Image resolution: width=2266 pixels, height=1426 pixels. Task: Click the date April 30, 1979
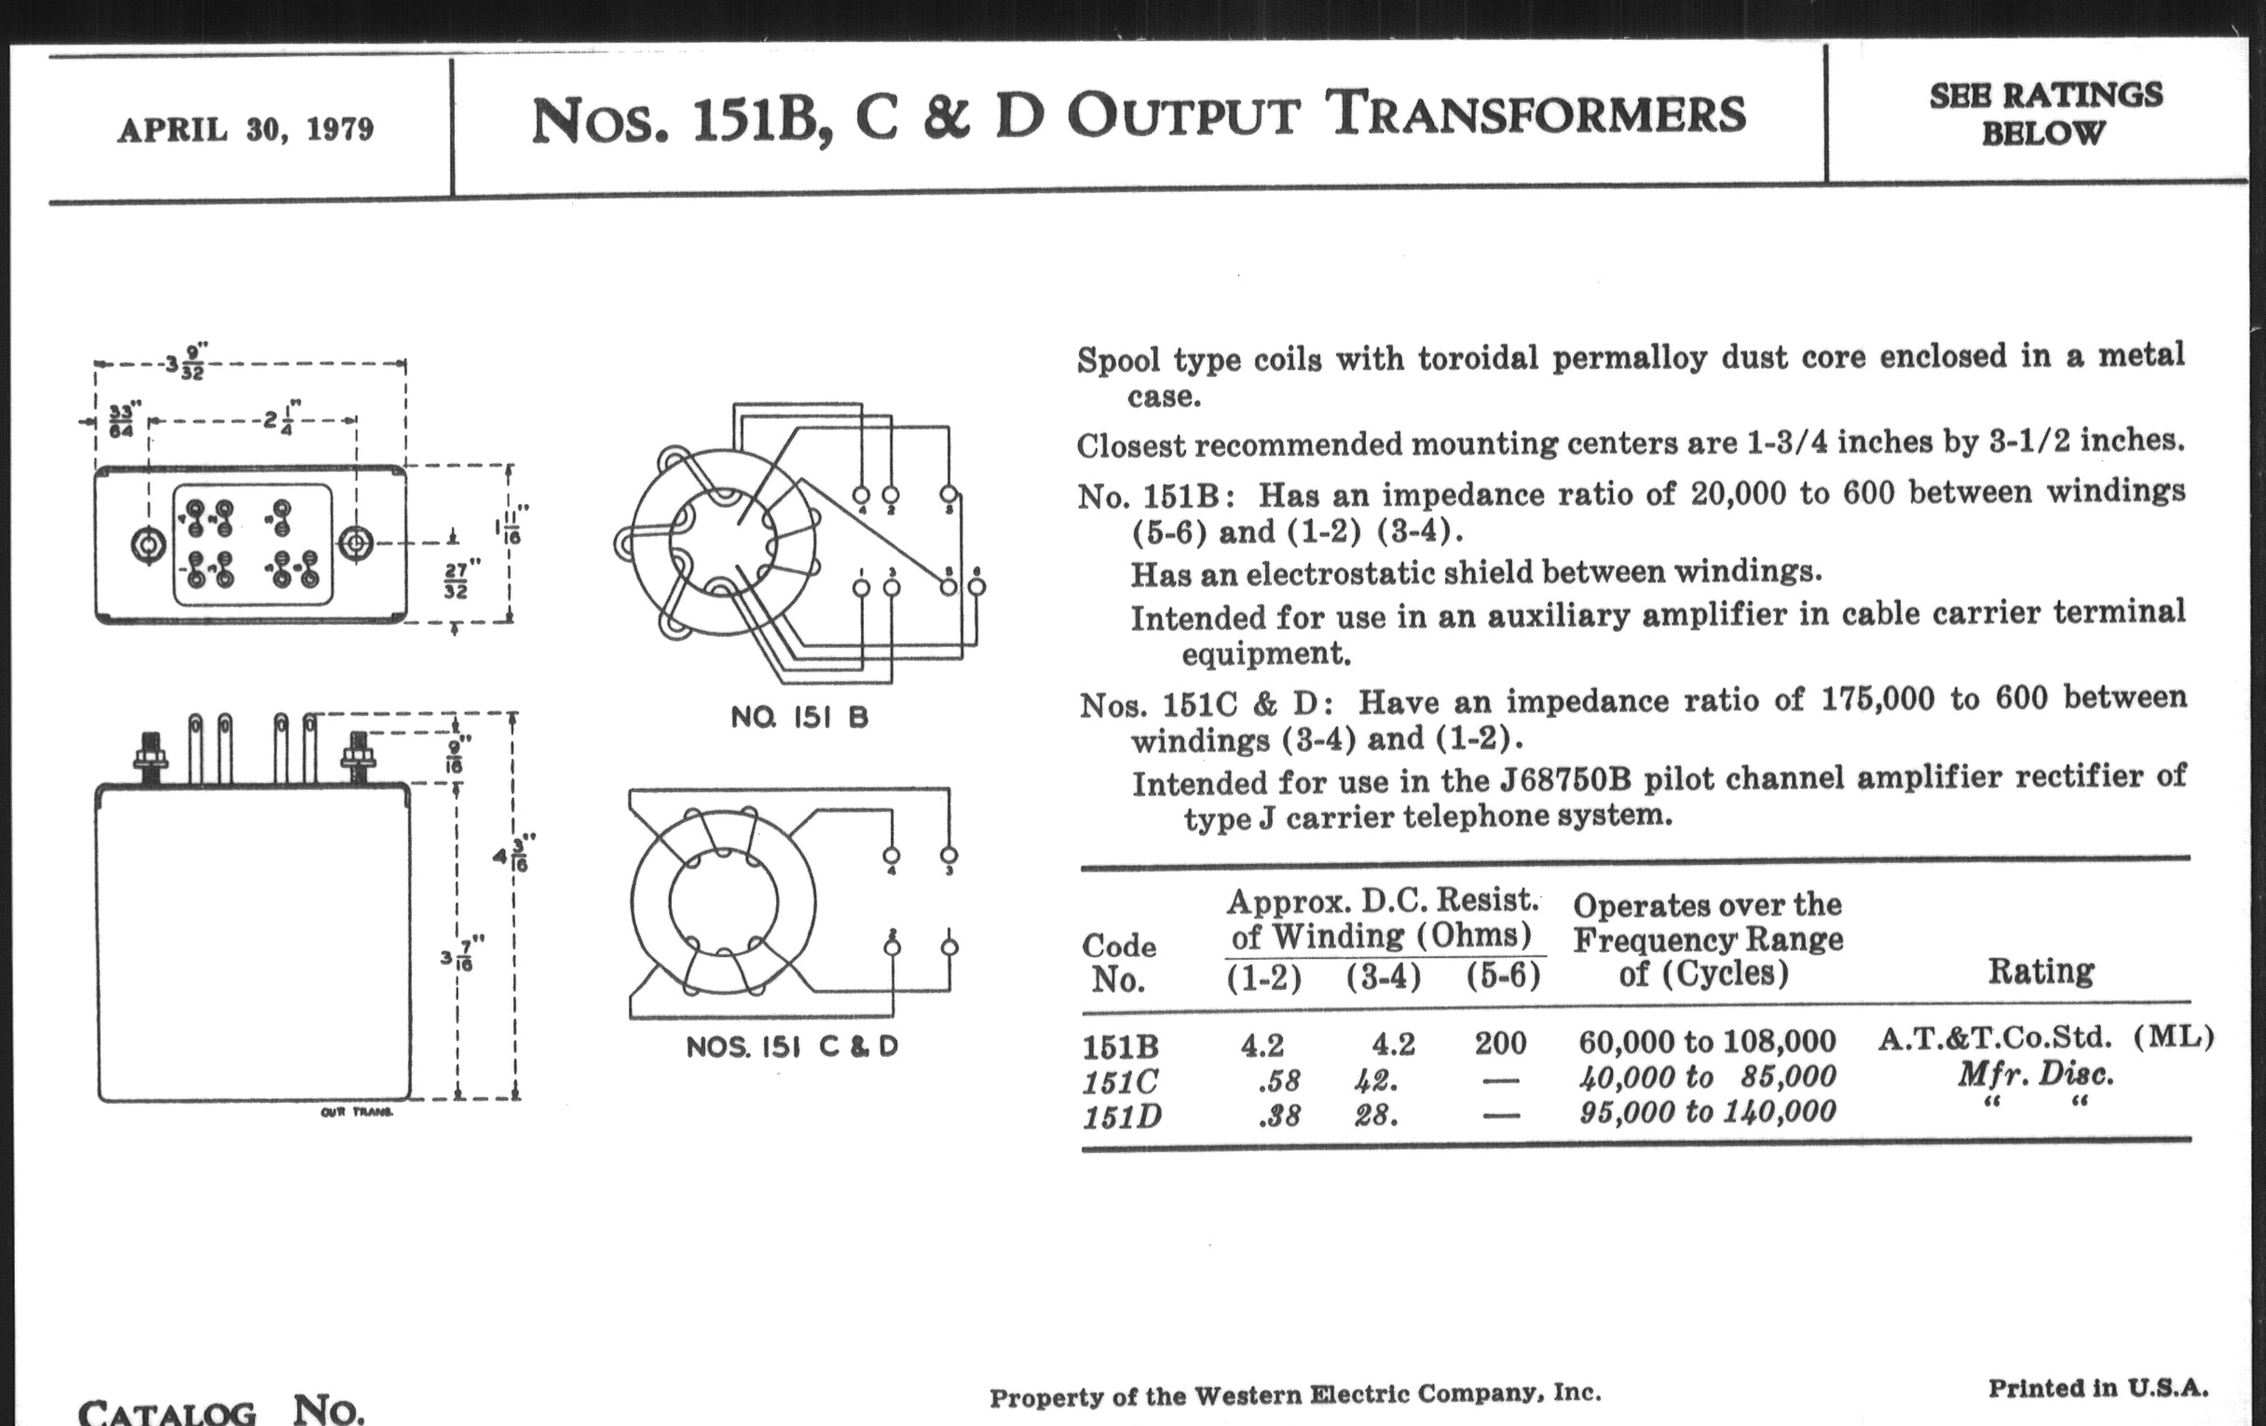click(x=246, y=129)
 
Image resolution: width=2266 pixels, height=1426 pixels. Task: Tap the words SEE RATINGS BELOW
click(x=2045, y=114)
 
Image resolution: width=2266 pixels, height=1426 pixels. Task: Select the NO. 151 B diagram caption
click(x=799, y=719)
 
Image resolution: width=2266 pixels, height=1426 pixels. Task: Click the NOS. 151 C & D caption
click(x=791, y=1047)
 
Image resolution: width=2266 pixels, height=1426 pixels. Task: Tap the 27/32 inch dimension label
click(x=456, y=580)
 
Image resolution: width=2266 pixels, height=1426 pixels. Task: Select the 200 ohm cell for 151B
click(x=1500, y=1043)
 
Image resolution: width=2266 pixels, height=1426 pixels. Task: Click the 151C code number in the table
click(x=1121, y=1081)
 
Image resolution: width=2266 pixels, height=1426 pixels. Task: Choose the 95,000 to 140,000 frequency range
click(x=1707, y=1113)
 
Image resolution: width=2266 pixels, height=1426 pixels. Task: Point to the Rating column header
click(x=2041, y=970)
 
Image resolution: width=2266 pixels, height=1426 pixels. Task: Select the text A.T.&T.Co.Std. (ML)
click(x=2045, y=1038)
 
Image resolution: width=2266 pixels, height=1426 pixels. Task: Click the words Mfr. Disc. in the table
click(x=2036, y=1074)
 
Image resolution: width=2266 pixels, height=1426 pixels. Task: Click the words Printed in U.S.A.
click(x=2097, y=1389)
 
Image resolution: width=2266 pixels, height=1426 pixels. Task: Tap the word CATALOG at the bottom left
click(x=167, y=1412)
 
